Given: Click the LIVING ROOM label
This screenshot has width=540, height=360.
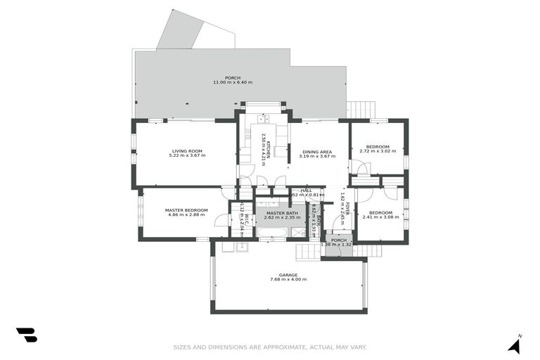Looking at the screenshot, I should tap(186, 150).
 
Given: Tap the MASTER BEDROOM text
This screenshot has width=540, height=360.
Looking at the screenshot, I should tap(186, 210).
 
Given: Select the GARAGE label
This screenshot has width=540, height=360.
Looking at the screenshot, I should tap(288, 275).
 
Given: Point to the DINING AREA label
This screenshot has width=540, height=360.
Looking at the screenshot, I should tap(317, 151).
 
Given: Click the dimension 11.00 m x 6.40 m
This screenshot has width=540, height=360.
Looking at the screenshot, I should tap(233, 82).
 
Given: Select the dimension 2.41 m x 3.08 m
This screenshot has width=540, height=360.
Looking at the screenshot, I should tap(380, 217).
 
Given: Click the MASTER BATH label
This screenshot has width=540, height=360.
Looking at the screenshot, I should tap(281, 213).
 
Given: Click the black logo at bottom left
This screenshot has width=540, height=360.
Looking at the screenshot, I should tap(27, 335).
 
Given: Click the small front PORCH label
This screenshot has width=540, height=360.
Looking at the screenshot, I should tap(339, 240).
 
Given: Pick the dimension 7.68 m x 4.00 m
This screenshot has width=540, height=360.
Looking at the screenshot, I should tap(288, 280).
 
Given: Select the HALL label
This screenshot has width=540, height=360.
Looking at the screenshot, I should tap(307, 190).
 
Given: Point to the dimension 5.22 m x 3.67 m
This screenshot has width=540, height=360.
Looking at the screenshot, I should tap(186, 155).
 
